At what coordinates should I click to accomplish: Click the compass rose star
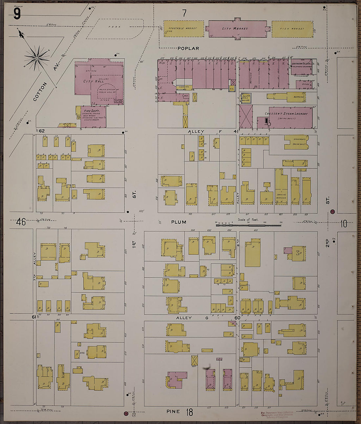pos(37,58)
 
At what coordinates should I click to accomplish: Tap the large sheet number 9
pos(17,14)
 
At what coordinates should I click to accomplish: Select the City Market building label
pos(235,29)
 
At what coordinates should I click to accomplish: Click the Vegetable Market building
pos(183,29)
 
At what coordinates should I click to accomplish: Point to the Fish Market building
pos(292,29)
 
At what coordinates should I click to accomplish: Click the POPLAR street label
pos(188,48)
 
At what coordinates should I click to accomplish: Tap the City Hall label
pos(94,81)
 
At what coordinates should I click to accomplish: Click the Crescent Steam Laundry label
pos(286,114)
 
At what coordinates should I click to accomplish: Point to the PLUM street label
pos(179,222)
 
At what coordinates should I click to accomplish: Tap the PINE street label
pos(173,411)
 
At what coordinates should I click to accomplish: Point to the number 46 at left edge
pos(21,222)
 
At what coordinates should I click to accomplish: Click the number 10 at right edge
pos(343,224)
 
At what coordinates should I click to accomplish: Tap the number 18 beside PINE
pos(189,412)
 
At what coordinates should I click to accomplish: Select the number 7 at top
pos(184,13)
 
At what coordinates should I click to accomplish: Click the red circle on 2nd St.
pos(332,212)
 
